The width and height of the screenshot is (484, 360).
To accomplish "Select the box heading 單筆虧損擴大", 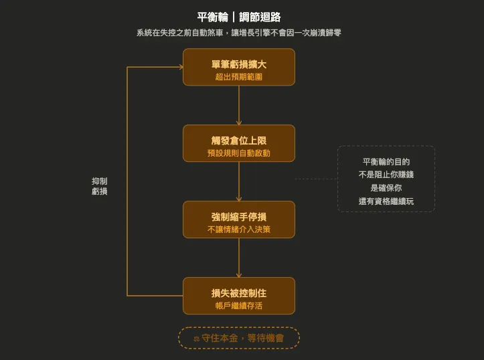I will point(239,64).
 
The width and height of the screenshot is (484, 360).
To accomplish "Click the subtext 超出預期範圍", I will point(239,77).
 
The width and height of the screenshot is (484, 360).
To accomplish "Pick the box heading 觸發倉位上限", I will point(239,141).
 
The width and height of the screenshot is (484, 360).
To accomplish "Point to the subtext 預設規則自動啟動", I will point(239,153).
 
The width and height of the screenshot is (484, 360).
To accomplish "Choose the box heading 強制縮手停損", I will point(239,217).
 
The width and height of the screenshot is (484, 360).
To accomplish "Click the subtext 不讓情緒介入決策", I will point(239,230).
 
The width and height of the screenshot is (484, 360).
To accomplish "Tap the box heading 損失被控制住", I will point(239,293).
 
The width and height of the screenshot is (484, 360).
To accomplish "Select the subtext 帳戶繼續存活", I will point(239,306).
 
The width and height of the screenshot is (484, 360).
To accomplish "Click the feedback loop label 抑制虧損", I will point(99,186).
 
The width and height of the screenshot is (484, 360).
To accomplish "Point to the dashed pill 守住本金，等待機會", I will point(239,338).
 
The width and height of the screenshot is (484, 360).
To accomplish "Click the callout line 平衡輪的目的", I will point(386,161).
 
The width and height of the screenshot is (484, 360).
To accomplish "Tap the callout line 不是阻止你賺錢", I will point(386,175).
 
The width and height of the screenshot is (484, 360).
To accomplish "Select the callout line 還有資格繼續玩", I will point(386,201).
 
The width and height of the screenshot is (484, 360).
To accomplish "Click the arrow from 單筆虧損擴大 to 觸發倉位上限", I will point(239,105).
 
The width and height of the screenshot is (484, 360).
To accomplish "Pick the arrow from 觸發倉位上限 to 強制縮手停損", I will point(239,181).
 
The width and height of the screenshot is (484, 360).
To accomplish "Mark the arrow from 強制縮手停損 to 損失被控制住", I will point(239,258).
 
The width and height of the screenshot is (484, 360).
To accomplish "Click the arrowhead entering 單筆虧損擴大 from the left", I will point(179,67).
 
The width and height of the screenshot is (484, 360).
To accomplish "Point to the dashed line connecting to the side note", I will point(316,179).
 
